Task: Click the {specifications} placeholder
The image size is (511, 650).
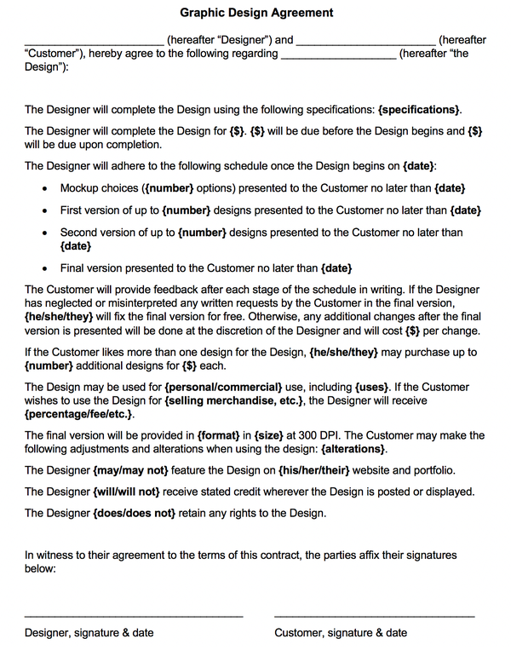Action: pyautogui.click(x=420, y=109)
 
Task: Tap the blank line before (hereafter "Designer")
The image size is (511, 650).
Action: pyautogui.click(x=94, y=40)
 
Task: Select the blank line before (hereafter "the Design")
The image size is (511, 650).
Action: pyautogui.click(x=338, y=54)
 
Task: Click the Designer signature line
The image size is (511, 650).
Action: pyautogui.click(x=134, y=613)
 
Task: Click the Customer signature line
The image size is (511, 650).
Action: pyautogui.click(x=374, y=613)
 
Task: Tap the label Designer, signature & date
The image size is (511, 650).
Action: pyautogui.click(x=89, y=633)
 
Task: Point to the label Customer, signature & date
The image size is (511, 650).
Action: pyautogui.click(x=341, y=633)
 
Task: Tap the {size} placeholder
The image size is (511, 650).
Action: pyautogui.click(x=269, y=435)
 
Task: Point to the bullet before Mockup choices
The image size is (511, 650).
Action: pyautogui.click(x=44, y=188)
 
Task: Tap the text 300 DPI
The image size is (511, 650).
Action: pyautogui.click(x=314, y=435)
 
